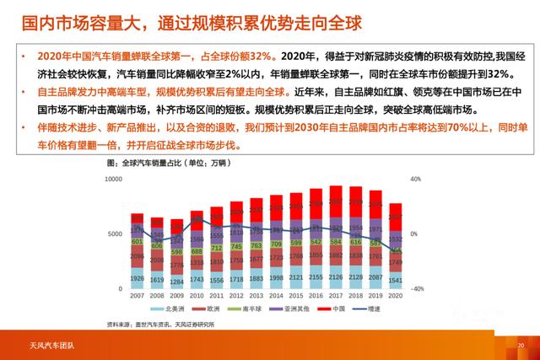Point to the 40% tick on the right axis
click(x=415, y=180)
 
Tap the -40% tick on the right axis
click(x=417, y=288)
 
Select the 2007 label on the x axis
click(x=137, y=297)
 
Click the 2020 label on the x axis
click(x=395, y=297)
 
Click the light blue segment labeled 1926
click(x=137, y=278)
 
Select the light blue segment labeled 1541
click(x=395, y=280)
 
